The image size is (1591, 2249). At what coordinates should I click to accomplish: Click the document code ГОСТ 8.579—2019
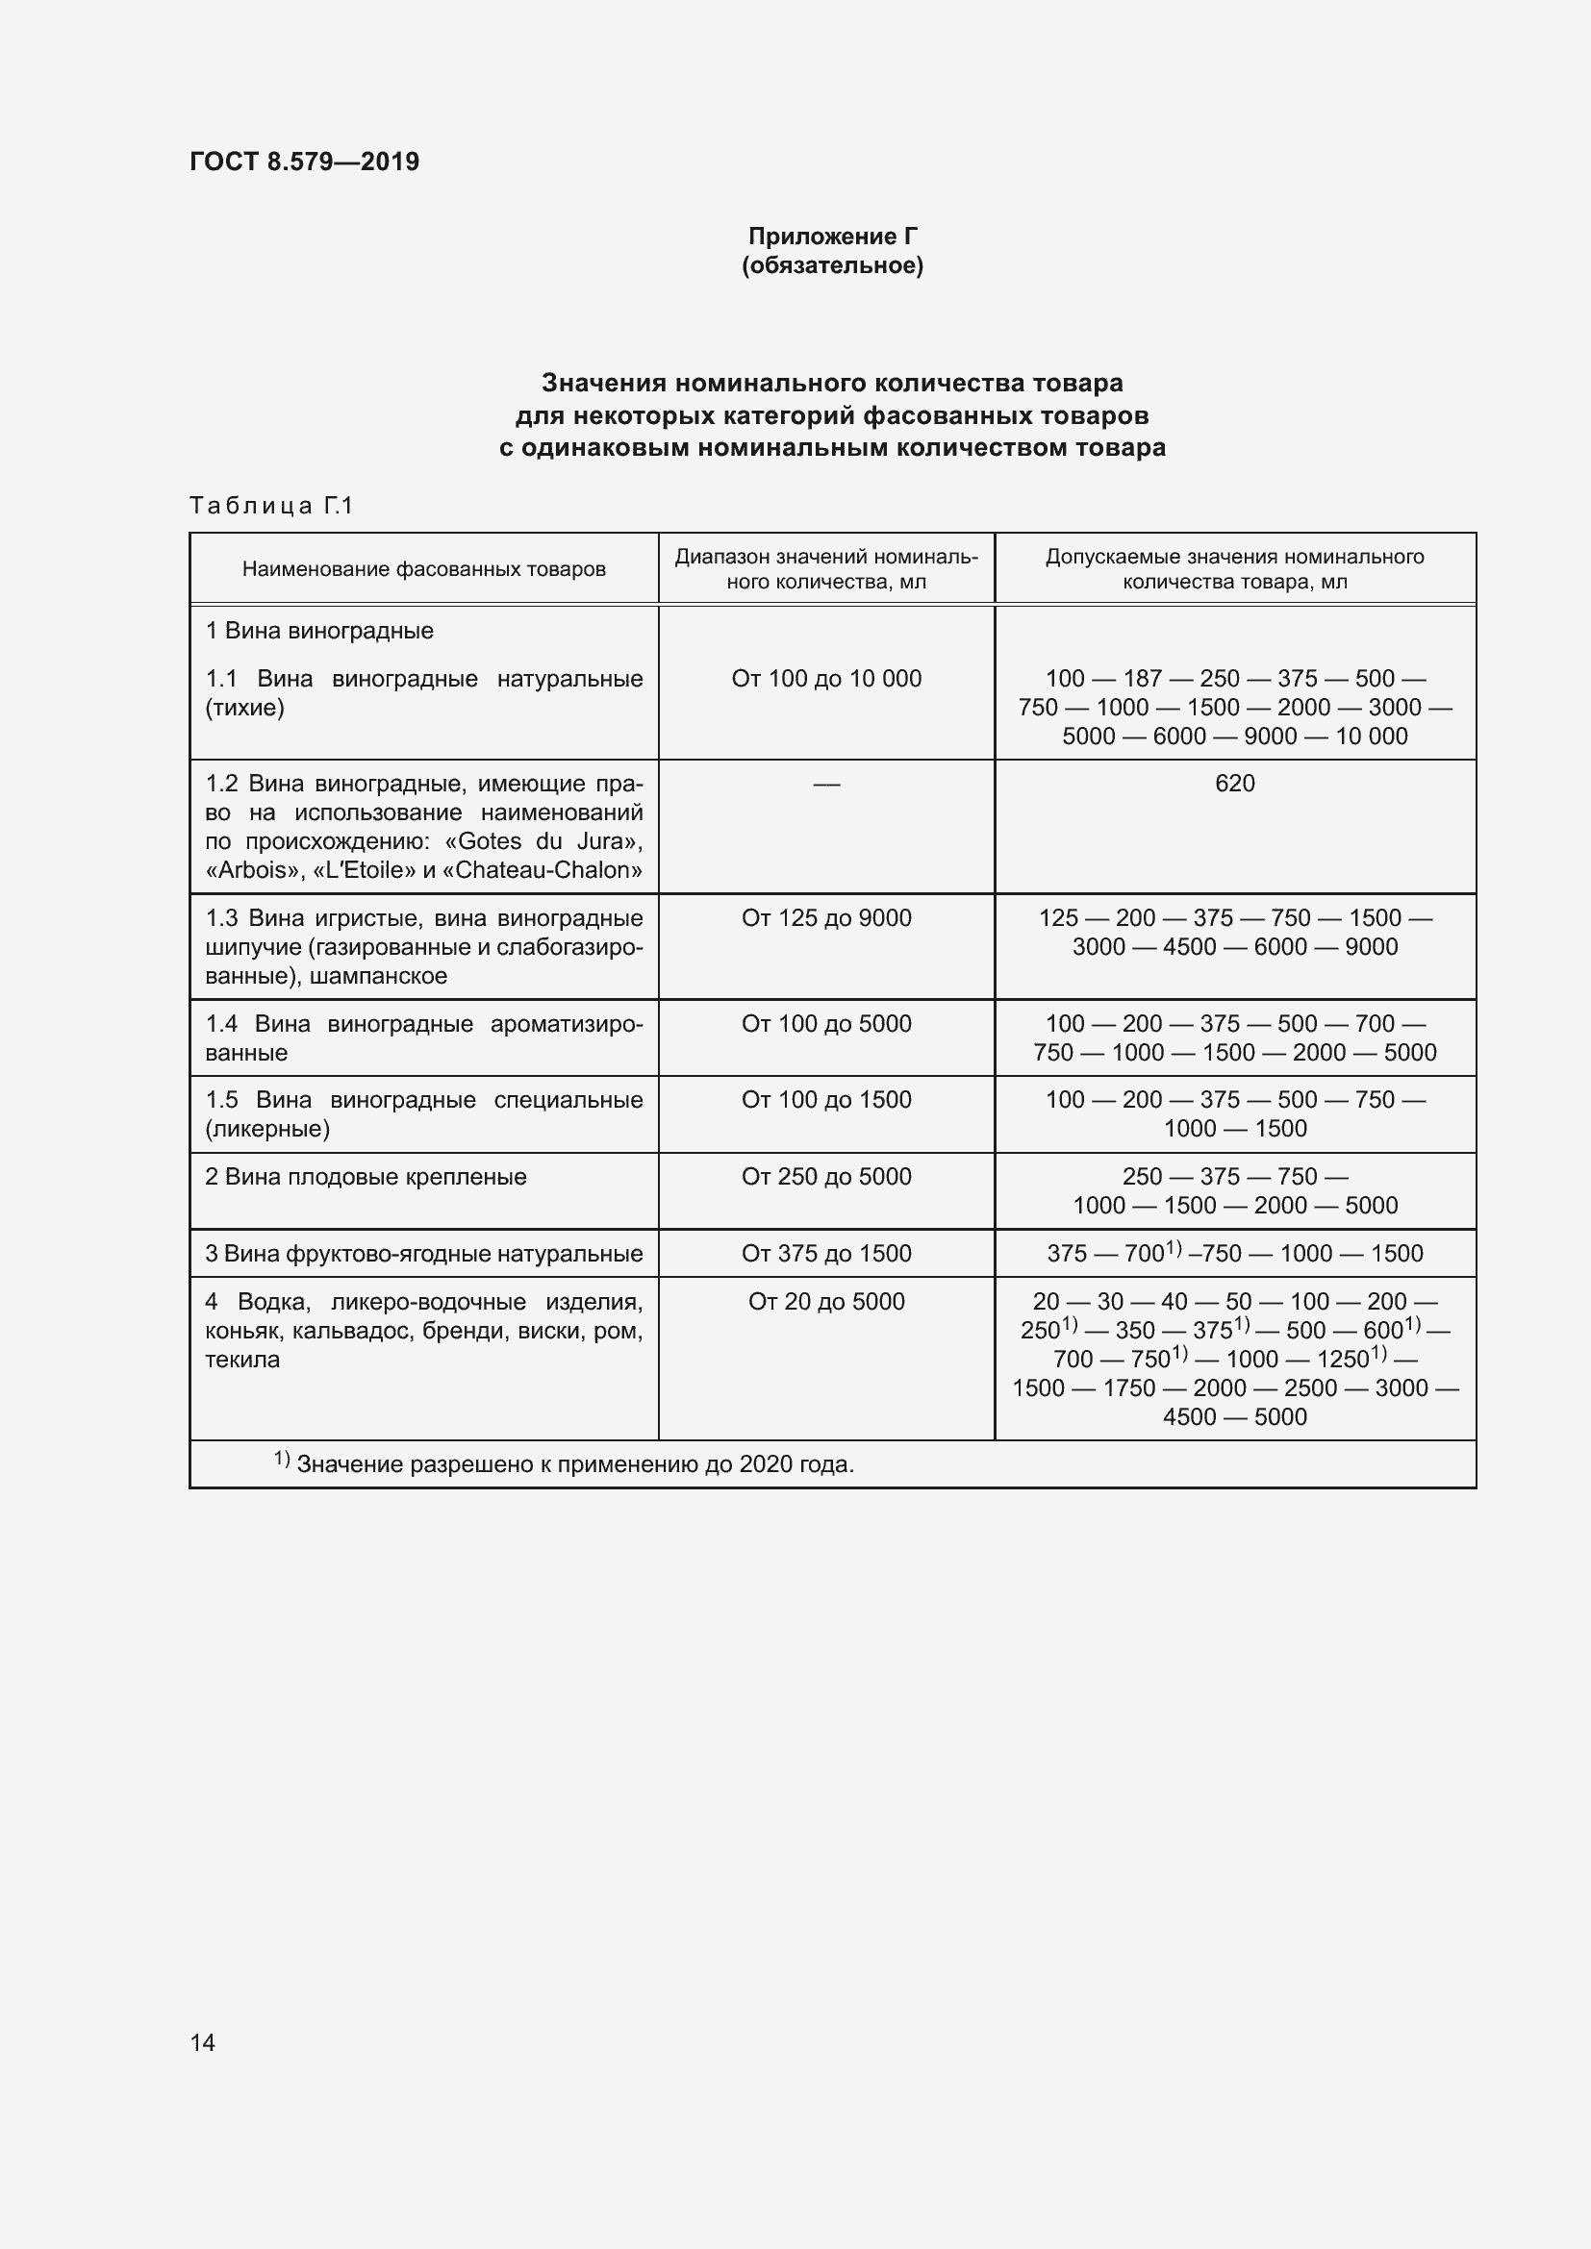304,162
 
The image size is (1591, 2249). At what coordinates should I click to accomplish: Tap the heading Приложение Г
832,237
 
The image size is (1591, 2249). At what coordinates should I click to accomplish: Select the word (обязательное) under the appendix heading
832,265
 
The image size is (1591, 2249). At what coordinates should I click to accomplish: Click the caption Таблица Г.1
270,506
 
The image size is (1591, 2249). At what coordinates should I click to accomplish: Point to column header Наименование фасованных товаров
423,569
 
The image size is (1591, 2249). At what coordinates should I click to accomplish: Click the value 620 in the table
1233,784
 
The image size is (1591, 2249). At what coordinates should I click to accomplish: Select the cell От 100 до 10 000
826,679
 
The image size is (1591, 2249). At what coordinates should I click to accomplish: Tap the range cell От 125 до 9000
826,919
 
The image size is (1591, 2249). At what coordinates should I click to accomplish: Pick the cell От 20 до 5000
826,1302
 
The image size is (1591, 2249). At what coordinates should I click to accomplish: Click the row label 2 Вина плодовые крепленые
366,1178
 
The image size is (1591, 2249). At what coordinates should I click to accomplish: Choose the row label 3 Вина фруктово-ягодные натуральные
423,1254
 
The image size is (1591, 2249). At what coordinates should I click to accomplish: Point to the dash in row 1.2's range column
826,785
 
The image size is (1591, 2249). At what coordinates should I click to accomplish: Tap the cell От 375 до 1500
826,1254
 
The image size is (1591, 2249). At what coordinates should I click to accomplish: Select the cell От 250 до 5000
826,1178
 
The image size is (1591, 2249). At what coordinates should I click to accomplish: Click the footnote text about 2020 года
574,1464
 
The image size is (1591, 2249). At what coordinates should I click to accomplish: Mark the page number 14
202,2042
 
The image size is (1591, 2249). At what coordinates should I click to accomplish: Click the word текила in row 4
242,1360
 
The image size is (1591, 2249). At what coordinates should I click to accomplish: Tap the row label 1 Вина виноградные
319,631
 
